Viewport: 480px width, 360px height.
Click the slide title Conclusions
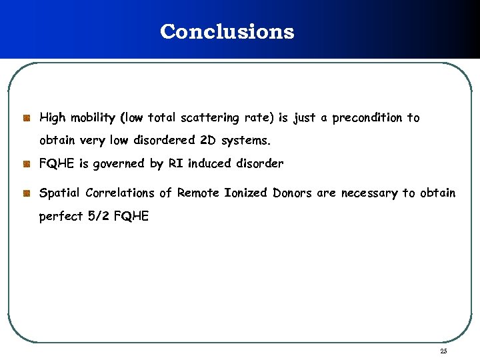tap(227, 31)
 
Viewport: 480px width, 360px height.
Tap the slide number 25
tap(443, 351)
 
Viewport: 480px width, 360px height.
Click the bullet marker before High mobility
tap(26, 118)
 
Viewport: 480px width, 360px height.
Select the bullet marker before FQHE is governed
tap(26, 163)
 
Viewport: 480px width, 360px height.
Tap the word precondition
tap(367, 118)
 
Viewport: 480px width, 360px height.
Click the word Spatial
tap(59, 193)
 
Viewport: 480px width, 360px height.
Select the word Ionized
tap(247, 193)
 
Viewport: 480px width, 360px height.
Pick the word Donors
tap(293, 193)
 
